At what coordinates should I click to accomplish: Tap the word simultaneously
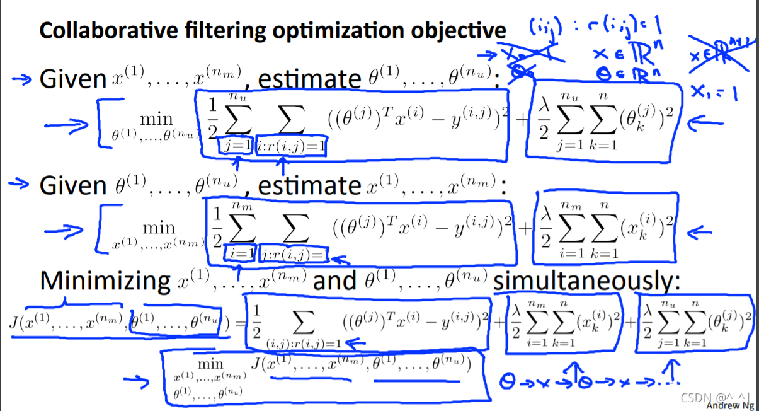tap(586, 281)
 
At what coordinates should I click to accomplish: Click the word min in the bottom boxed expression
tap(210, 364)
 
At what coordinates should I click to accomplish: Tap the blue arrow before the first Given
tap(21, 79)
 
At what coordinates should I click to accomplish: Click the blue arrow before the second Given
tap(21, 184)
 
